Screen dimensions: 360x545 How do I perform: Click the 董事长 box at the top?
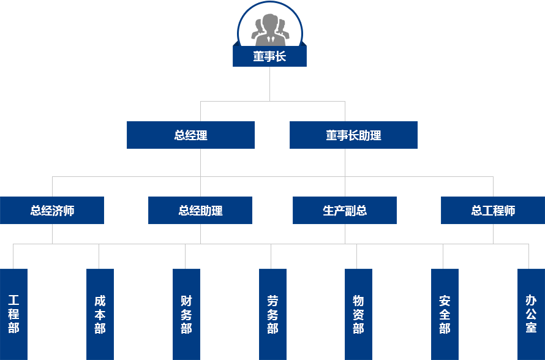[269, 57]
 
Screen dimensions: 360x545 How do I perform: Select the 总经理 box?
[190, 135]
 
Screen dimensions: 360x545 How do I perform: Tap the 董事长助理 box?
[353, 135]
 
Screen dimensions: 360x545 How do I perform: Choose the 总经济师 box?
[52, 211]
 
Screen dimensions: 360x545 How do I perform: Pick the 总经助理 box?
[200, 211]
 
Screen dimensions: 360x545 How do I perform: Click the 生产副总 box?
[345, 211]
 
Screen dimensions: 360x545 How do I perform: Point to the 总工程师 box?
[493, 211]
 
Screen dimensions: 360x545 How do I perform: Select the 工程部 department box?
[13, 314]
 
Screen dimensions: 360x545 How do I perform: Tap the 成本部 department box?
[100, 314]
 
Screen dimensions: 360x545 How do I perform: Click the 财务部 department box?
[186, 314]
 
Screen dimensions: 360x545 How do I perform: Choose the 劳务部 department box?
[272, 314]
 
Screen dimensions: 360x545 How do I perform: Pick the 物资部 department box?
[358, 314]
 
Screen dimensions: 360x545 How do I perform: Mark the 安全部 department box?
[445, 314]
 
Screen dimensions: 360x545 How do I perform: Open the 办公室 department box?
[531, 314]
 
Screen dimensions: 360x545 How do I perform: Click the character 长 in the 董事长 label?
[280, 57]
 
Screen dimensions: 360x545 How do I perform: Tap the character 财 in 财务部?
[186, 301]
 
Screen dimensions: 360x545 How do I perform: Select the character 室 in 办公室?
[531, 328]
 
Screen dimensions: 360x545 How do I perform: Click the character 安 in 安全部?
[445, 301]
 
